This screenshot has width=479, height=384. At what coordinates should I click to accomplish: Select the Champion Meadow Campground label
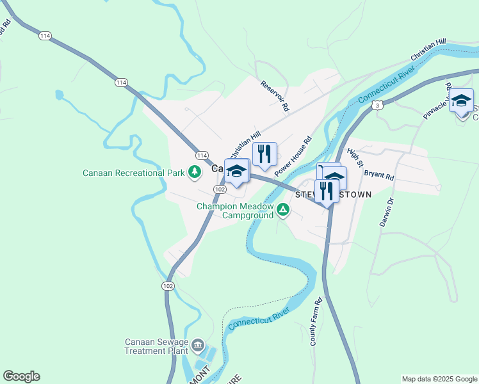(234, 211)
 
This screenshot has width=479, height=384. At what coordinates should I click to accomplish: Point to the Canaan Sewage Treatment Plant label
(156, 346)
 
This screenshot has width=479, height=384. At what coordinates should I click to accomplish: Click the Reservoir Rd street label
(275, 96)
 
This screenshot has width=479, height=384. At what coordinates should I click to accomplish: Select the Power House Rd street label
(293, 156)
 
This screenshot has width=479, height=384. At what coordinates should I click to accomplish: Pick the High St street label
(354, 157)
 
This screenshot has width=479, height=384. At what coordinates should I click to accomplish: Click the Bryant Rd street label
(378, 175)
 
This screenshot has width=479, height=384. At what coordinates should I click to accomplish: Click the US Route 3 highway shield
(378, 104)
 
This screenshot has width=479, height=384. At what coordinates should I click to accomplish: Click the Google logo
(21, 376)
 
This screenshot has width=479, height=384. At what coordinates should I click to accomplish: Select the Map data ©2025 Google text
(439, 379)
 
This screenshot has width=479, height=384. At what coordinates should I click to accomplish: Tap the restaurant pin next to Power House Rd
(264, 154)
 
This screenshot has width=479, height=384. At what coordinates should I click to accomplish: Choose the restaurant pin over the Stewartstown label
(327, 191)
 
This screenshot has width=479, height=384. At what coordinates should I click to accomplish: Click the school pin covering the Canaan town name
(237, 172)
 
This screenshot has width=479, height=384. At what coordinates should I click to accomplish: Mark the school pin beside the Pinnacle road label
(461, 101)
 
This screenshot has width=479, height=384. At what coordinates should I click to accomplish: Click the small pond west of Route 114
(60, 95)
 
